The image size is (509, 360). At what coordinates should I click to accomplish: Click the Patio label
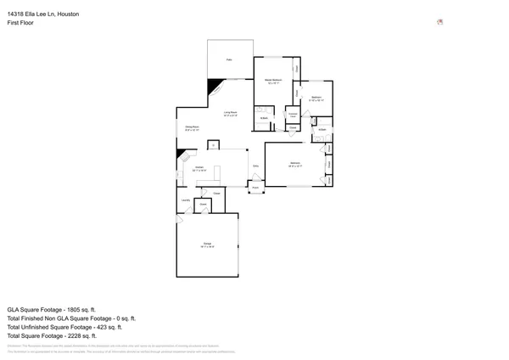pyautogui.click(x=229, y=59)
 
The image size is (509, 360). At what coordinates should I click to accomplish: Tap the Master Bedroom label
pyautogui.click(x=273, y=82)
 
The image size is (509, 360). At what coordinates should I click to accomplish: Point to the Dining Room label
pyautogui.click(x=192, y=129)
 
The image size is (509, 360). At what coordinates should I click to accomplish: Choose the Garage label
pyautogui.click(x=208, y=246)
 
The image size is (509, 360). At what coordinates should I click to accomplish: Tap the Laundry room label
pyautogui.click(x=185, y=200)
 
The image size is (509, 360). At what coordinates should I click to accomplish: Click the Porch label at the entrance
pyautogui.click(x=255, y=188)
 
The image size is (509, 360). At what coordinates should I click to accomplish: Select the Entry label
pyautogui.click(x=255, y=166)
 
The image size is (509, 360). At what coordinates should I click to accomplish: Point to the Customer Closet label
pyautogui.click(x=293, y=114)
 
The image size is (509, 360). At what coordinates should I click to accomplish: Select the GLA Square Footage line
pyautogui.click(x=52, y=310)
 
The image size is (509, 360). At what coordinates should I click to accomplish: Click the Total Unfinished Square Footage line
pyautogui.click(x=64, y=327)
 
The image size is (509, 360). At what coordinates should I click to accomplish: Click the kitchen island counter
pyautogui.click(x=216, y=173)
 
